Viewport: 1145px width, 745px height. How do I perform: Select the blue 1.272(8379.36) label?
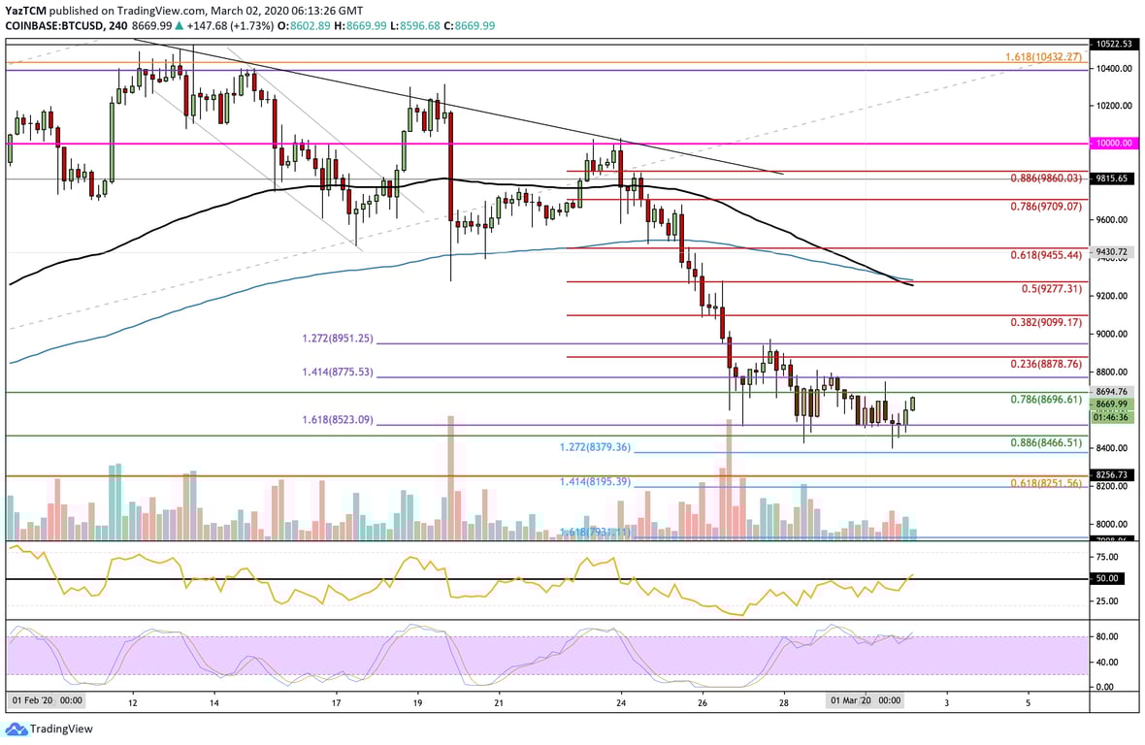pos(596,448)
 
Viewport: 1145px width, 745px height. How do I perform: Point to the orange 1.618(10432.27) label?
pos(1041,58)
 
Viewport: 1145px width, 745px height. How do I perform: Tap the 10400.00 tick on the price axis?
pos(1112,68)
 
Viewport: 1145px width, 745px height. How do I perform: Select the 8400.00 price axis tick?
pos(1112,448)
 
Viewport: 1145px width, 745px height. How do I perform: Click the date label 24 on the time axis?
pos(621,700)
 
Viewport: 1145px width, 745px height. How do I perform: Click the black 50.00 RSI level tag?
pos(1108,578)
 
